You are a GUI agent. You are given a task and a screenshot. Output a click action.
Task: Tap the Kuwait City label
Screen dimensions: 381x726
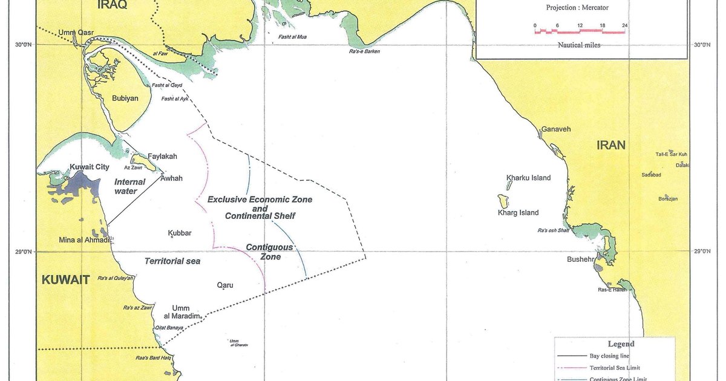[x=90, y=167]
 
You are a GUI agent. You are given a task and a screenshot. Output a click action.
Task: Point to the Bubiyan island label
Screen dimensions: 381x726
[x=125, y=98]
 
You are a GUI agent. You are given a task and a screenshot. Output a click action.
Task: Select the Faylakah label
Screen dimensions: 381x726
[x=162, y=156]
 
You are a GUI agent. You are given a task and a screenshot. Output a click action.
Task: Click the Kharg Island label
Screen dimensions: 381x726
[x=518, y=213]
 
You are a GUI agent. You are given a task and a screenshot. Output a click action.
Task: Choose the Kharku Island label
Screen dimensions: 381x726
[x=528, y=178]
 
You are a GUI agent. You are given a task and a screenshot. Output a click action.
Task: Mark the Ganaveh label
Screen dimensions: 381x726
[x=555, y=129]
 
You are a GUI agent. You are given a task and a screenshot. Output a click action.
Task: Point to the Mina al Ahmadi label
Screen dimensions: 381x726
[x=84, y=240]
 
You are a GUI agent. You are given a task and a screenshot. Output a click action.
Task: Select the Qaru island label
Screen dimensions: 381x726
[x=225, y=285]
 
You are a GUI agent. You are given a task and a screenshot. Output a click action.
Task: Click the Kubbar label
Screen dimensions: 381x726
[x=179, y=233]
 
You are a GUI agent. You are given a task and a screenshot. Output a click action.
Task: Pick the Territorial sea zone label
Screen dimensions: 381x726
[x=172, y=261]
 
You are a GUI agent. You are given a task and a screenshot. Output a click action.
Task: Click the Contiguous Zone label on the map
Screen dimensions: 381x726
[x=269, y=252]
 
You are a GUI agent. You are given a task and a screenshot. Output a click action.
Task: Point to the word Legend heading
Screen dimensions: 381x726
[x=621, y=344]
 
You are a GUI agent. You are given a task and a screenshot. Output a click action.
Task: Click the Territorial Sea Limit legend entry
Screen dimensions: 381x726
[x=614, y=368]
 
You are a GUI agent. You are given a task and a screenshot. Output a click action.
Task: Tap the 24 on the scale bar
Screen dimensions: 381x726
[x=624, y=25]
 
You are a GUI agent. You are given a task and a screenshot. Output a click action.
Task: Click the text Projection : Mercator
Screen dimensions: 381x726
[x=577, y=8]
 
